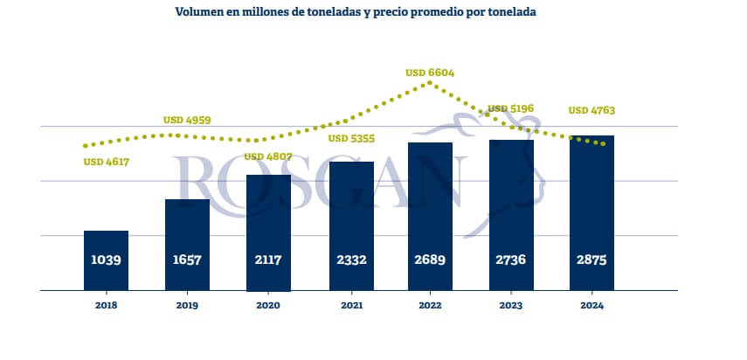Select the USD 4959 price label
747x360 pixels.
tap(187, 120)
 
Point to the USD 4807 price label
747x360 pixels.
tap(269, 156)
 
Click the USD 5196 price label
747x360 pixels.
tap(511, 109)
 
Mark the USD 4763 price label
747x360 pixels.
tap(591, 111)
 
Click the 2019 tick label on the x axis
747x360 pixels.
tap(187, 305)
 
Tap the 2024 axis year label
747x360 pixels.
tap(591, 305)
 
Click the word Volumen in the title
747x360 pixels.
tap(200, 12)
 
